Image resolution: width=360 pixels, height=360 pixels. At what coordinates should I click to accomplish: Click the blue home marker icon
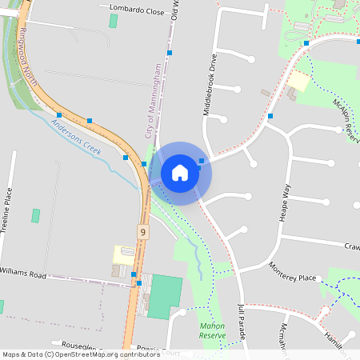coord(180,172)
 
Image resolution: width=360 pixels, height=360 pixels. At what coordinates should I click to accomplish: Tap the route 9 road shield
coord(143,232)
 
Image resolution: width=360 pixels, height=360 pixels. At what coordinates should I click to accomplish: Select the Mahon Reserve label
coord(213,330)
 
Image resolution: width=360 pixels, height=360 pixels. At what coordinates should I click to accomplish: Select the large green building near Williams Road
coord(165,295)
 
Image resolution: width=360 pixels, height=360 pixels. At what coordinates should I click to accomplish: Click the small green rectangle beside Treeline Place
coord(35,216)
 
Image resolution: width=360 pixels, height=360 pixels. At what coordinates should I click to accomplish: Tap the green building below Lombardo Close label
coord(114,20)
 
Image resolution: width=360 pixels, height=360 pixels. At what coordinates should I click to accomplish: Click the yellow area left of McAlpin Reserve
coord(298,81)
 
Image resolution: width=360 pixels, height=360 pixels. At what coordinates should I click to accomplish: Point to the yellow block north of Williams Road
coord(124,254)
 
